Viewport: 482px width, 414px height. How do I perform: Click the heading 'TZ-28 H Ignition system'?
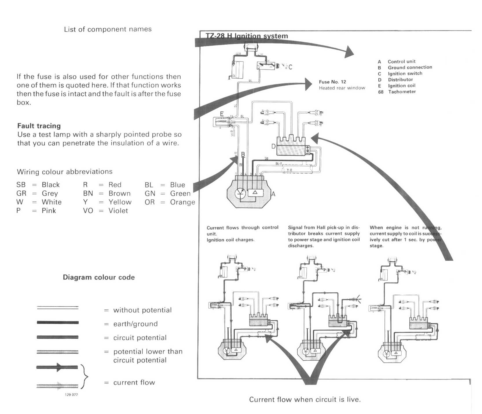pos(247,36)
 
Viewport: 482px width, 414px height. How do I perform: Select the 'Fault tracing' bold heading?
pos(39,126)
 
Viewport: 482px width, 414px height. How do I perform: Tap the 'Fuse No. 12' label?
pos(332,82)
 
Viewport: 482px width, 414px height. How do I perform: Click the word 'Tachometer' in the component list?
pos(402,92)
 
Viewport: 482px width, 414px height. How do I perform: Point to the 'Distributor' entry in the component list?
pos(400,80)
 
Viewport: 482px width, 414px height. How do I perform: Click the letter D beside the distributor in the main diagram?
pos(273,146)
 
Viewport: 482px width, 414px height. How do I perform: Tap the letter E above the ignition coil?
pos(222,114)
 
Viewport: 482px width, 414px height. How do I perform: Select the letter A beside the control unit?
pos(273,194)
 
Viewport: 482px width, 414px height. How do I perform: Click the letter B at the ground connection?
pos(243,154)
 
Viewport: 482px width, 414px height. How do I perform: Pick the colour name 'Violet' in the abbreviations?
pos(118,211)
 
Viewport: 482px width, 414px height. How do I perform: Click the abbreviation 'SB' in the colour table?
pos(21,185)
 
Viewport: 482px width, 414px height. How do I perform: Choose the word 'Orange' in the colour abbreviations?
pos(182,202)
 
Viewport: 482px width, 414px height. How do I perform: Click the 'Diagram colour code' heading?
pos(99,277)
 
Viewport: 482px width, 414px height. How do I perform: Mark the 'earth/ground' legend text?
pos(135,324)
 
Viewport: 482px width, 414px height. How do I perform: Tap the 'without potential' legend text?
pos(142,310)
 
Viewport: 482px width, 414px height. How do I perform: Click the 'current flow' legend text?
pos(134,382)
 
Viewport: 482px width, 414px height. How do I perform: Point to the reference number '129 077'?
pos(71,395)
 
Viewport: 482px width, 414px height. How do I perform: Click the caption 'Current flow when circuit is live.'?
pos(305,400)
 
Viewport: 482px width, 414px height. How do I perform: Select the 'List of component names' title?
pos(108,29)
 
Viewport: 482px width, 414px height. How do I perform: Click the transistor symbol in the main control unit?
pos(240,194)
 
